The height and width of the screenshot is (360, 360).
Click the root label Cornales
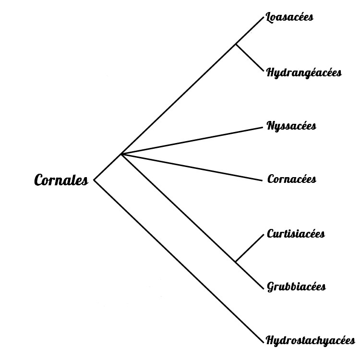[x=61, y=181]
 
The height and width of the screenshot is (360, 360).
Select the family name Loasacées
[x=290, y=18]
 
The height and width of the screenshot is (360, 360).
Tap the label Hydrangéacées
[x=304, y=73]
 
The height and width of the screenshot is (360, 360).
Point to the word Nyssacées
[x=291, y=126]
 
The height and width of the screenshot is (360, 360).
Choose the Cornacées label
[x=291, y=180]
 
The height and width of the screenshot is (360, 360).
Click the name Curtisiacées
[x=296, y=234]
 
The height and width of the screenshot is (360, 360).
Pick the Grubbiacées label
[x=296, y=287]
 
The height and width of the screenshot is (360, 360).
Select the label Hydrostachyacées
[x=311, y=341]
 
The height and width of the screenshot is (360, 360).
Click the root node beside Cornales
[x=94, y=181]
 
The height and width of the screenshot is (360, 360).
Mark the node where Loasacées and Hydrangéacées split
[x=235, y=45]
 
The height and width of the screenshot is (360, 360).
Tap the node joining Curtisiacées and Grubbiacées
[x=236, y=262]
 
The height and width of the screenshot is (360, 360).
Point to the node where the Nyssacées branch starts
[x=121, y=154]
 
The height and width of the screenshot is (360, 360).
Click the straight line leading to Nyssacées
[x=192, y=140]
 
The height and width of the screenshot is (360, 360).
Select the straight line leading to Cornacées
[x=192, y=167]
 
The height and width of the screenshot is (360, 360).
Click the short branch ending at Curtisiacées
[x=250, y=248]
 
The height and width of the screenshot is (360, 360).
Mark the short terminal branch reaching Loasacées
[x=250, y=31]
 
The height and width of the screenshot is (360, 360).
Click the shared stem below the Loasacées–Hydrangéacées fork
[x=178, y=99]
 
